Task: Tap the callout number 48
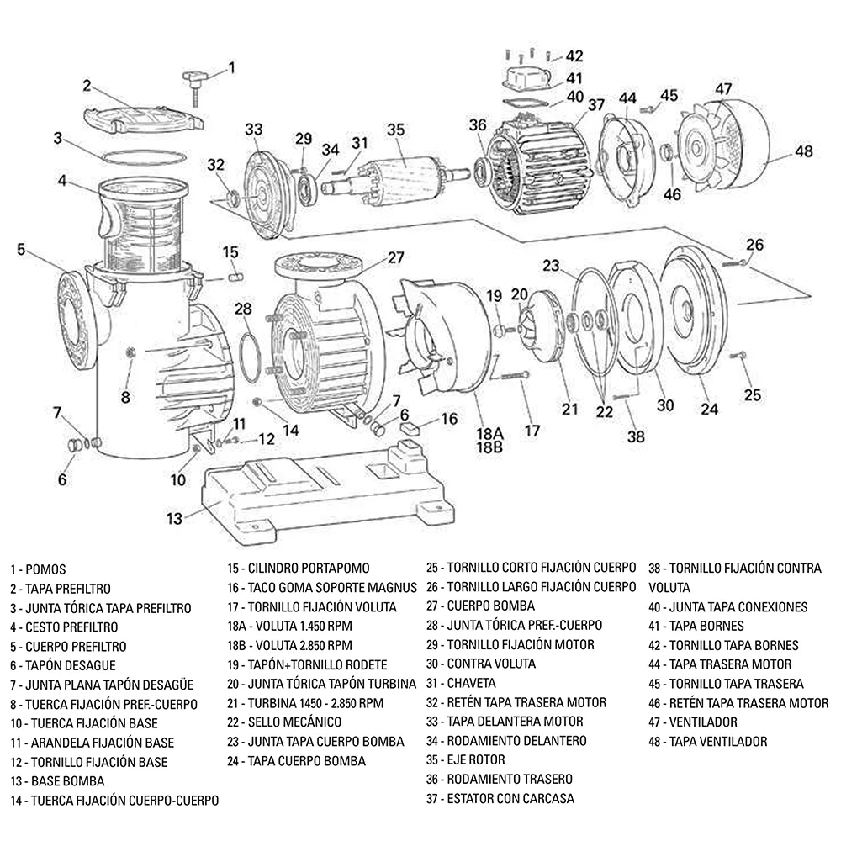pyautogui.click(x=803, y=151)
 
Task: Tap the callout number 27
pyautogui.click(x=396, y=258)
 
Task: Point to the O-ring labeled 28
pyautogui.click(x=250, y=358)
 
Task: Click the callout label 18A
pyautogui.click(x=489, y=433)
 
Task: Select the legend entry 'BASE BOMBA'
pyautogui.click(x=67, y=781)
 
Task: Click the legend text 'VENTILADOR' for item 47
pyautogui.click(x=702, y=722)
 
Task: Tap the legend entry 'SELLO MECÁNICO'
pyautogui.click(x=294, y=722)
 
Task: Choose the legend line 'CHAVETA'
pyautogui.click(x=471, y=683)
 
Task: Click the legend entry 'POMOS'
pyautogui.click(x=45, y=569)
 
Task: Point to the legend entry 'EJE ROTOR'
pyautogui.click(x=476, y=760)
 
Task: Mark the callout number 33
pyautogui.click(x=254, y=130)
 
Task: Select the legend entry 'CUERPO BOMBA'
pyautogui.click(x=491, y=606)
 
